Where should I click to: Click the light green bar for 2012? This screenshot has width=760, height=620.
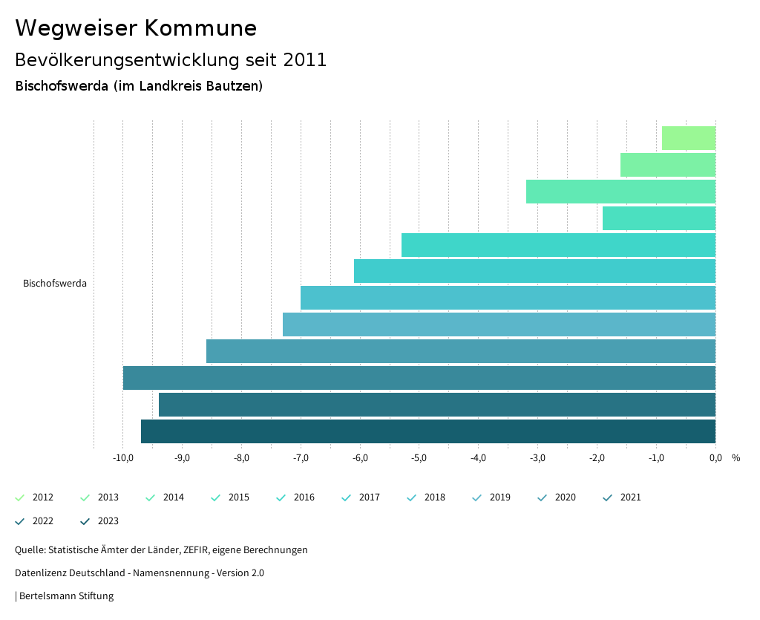(x=689, y=138)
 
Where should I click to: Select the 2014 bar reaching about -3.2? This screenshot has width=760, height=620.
(x=620, y=192)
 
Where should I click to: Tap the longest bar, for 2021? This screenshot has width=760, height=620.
(x=419, y=378)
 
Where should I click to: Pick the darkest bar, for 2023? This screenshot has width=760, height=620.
(x=428, y=431)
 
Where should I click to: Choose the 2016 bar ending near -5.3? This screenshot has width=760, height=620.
(x=558, y=245)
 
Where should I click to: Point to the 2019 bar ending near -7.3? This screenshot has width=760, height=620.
(x=499, y=324)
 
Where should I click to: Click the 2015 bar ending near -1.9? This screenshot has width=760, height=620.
(x=659, y=218)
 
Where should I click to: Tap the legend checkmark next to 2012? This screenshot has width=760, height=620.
(x=20, y=497)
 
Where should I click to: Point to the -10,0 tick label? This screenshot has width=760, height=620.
(x=123, y=457)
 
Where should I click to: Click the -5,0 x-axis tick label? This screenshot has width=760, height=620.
(x=419, y=457)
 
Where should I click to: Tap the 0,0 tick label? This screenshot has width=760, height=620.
(x=715, y=457)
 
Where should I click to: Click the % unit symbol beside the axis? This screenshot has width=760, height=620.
(x=736, y=457)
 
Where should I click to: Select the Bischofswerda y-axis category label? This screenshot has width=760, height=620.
(x=55, y=284)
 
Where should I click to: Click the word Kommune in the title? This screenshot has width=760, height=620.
(x=200, y=28)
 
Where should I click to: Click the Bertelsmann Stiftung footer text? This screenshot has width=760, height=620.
(x=66, y=596)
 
